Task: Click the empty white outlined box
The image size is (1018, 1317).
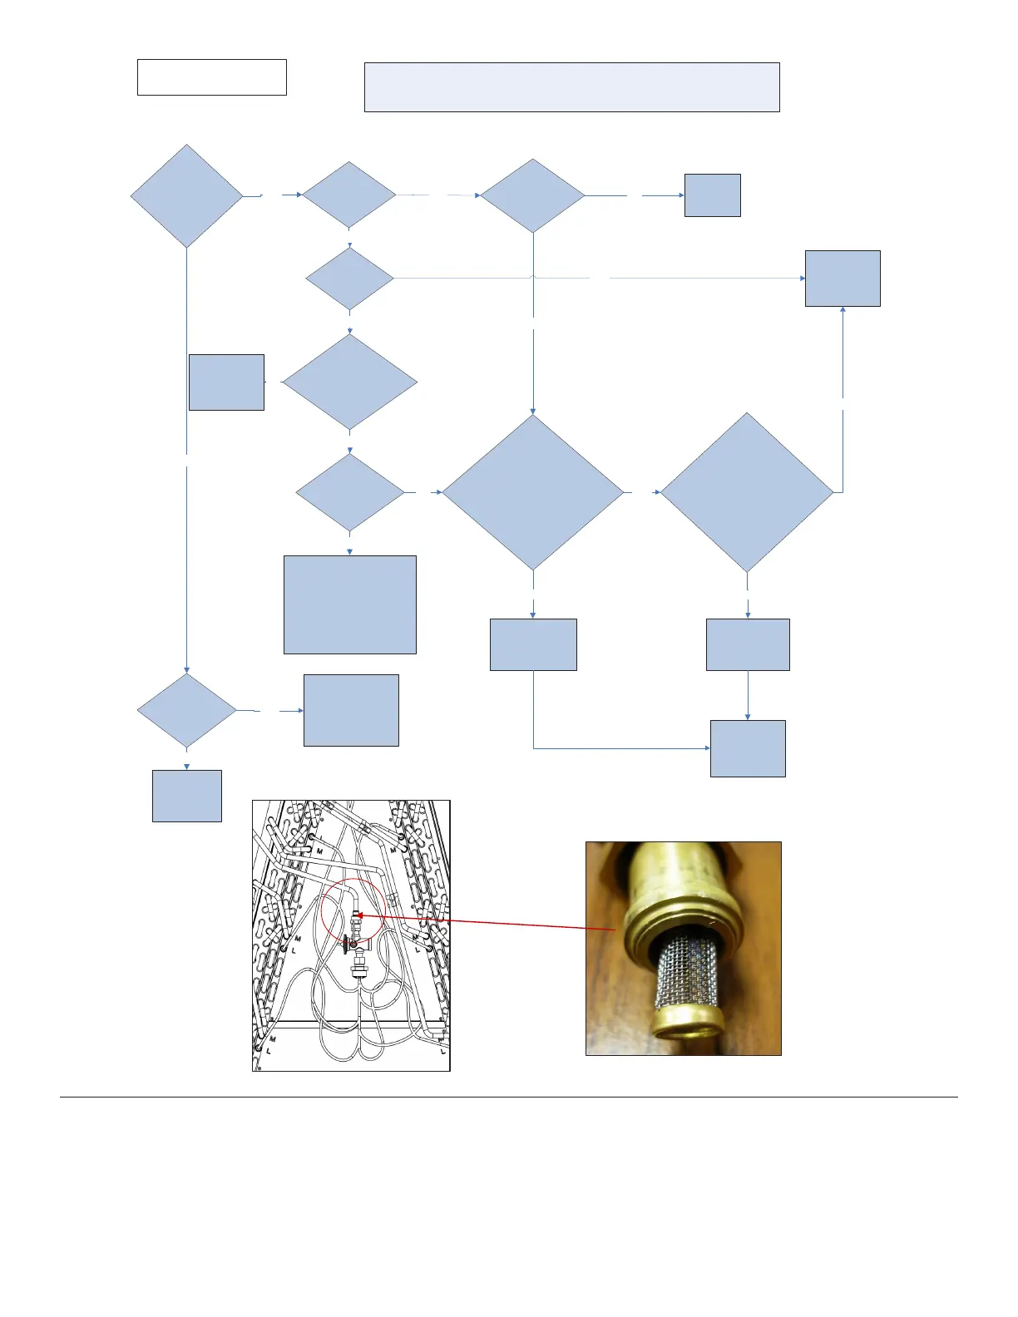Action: click(x=211, y=77)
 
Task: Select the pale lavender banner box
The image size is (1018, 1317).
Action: click(x=571, y=86)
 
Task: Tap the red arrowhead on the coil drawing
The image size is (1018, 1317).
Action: click(x=359, y=915)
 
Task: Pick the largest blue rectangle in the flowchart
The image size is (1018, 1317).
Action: click(x=349, y=604)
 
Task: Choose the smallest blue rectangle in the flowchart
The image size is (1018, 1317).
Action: click(x=712, y=195)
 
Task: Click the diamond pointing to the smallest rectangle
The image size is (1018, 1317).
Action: click(x=532, y=195)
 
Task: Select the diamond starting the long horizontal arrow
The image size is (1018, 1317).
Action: click(x=349, y=278)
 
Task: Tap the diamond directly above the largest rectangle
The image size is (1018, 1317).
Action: click(x=349, y=492)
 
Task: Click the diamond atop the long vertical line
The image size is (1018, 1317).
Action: click(x=186, y=196)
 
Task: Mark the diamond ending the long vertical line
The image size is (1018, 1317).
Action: click(x=186, y=711)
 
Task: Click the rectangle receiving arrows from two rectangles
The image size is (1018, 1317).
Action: click(x=747, y=748)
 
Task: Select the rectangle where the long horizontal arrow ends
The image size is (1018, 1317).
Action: click(x=842, y=279)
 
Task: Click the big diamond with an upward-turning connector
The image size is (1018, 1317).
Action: click(x=746, y=492)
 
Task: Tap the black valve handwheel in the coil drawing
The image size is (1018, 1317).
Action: click(x=344, y=945)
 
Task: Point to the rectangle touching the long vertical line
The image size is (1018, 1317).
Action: click(x=226, y=382)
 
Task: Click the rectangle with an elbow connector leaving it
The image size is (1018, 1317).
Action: click(x=532, y=644)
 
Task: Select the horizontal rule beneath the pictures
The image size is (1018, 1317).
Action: click(x=508, y=1097)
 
